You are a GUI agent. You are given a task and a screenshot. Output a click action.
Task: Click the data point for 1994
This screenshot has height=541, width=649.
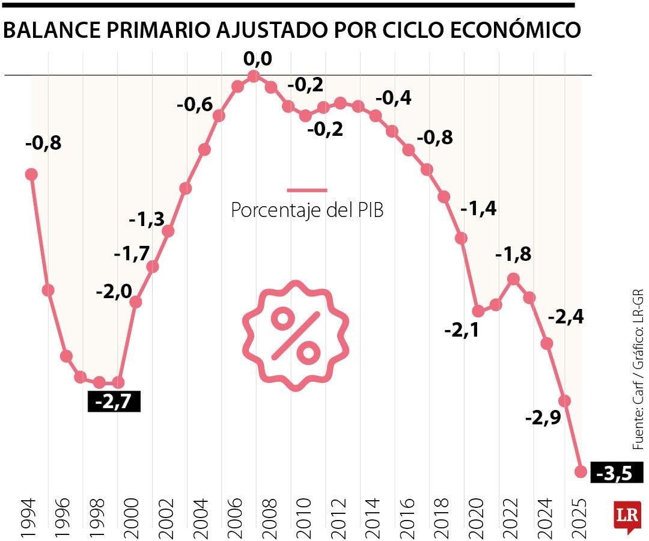[x=31, y=174]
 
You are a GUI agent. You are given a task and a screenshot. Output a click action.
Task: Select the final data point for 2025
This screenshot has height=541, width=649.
[x=580, y=471]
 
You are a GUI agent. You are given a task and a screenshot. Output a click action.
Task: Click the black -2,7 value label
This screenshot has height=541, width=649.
[x=114, y=401]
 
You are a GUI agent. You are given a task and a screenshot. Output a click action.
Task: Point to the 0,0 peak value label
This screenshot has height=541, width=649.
[x=257, y=60]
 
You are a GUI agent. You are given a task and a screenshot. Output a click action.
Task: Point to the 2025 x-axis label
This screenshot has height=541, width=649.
[x=579, y=516]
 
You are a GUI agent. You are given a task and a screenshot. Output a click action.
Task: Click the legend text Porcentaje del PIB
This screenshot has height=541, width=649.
[x=307, y=210]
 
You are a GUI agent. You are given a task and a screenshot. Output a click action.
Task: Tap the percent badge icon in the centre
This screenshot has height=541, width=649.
[x=295, y=335]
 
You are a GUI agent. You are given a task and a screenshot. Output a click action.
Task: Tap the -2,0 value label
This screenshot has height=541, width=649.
[x=114, y=293]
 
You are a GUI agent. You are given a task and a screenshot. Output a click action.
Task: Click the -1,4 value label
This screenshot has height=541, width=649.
[x=478, y=209]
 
